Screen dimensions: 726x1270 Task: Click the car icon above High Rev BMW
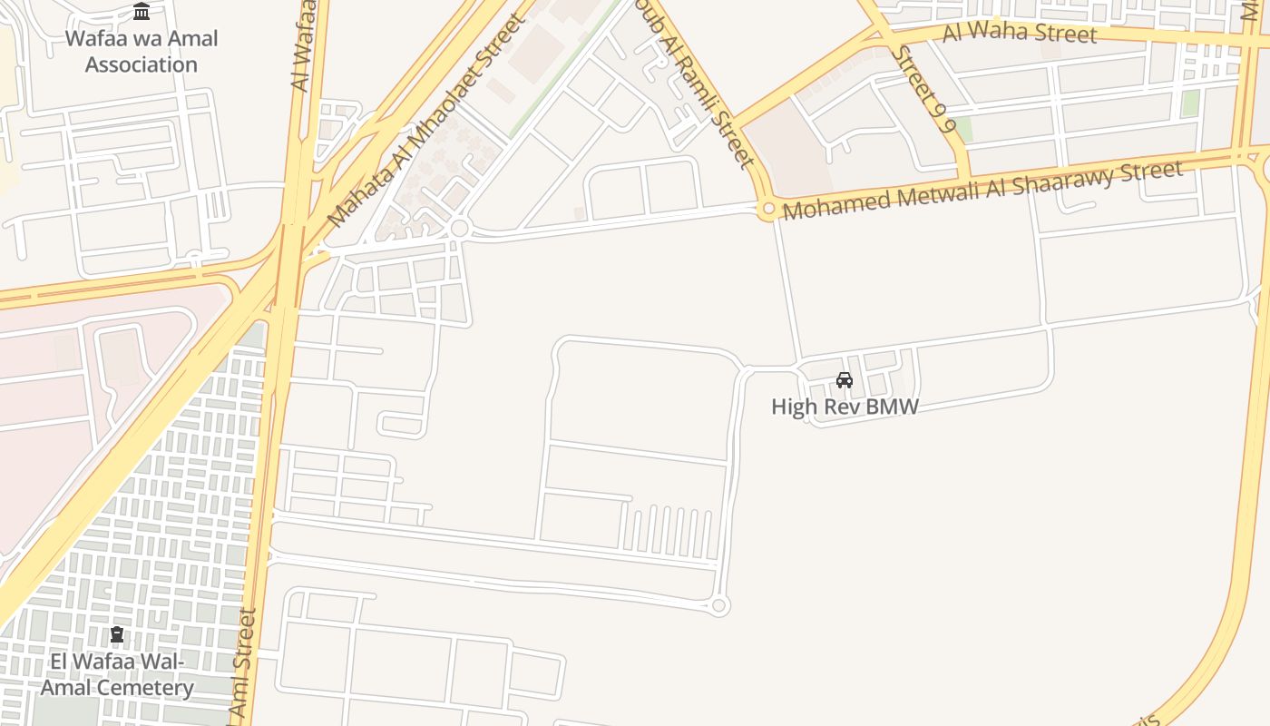[845, 380]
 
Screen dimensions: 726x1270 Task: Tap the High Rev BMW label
[845, 407]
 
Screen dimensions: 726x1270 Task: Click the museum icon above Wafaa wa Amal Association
[142, 12]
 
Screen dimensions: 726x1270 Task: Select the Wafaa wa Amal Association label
[142, 52]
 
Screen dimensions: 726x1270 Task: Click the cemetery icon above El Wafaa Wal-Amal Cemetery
[117, 634]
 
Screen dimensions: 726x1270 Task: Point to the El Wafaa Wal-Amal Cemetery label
[117, 674]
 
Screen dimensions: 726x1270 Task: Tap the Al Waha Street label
[1020, 34]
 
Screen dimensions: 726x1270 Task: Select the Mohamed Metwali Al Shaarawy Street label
[982, 191]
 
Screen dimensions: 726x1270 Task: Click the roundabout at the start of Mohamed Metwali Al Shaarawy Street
[768, 210]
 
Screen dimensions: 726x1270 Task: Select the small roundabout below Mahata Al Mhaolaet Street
[459, 228]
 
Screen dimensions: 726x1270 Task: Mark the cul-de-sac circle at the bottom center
[719, 605]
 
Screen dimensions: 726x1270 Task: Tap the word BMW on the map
[893, 407]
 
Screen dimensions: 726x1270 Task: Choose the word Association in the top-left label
[142, 64]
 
